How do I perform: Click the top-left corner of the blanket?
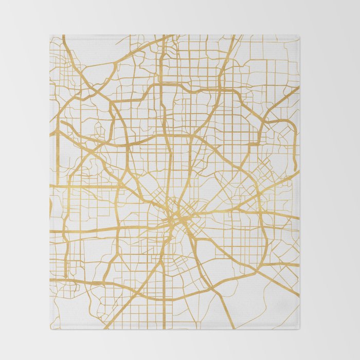(x=50, y=35)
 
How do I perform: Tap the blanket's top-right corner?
(x=299, y=35)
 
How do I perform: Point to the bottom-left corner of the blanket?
(x=50, y=329)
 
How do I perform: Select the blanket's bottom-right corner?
(x=299, y=329)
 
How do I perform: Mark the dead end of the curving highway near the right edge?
(x=295, y=170)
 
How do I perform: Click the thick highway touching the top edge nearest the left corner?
(x=64, y=36)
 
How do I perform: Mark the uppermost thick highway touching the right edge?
(x=298, y=88)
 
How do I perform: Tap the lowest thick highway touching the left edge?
(x=51, y=279)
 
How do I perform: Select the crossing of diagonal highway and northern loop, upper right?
(x=221, y=91)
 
